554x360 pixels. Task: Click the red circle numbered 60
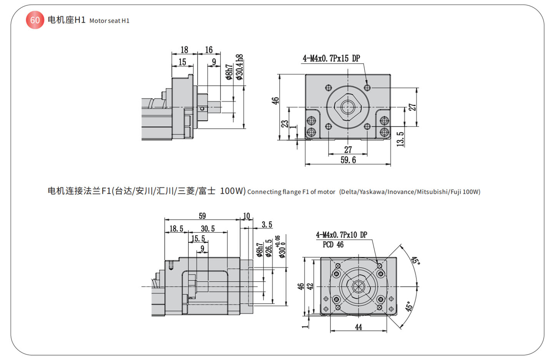[35, 20]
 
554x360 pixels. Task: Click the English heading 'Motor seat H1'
[109, 21]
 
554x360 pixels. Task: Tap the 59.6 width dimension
[348, 160]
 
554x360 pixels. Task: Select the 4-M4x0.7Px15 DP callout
[331, 58]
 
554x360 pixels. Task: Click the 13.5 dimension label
[400, 139]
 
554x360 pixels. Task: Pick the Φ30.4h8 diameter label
[240, 67]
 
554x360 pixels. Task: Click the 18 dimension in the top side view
[184, 50]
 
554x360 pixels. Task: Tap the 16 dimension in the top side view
[209, 50]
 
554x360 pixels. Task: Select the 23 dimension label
[285, 124]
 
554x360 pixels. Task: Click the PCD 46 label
[333, 245]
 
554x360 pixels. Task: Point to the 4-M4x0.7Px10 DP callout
[341, 235]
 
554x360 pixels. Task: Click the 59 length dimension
[202, 216]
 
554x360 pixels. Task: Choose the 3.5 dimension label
[267, 225]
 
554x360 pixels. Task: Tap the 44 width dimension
[359, 327]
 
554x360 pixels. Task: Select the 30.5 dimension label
[208, 229]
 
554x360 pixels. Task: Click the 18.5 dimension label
[176, 229]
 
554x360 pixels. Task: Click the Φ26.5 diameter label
[269, 248]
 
